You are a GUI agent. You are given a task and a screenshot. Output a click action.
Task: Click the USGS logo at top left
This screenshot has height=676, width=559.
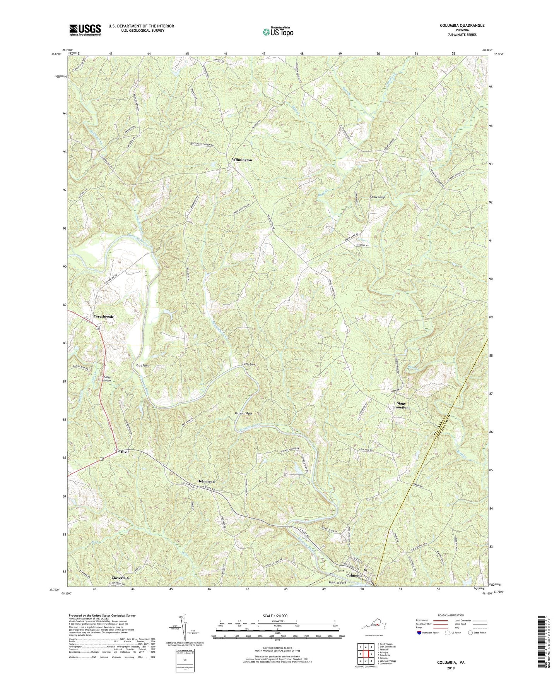coord(85,30)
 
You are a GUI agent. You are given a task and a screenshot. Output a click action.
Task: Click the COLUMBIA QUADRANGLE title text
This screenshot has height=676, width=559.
coord(462,26)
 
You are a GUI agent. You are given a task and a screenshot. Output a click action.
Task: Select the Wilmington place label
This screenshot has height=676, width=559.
coord(242,160)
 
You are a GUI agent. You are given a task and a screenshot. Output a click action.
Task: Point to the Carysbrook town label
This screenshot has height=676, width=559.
coord(103,317)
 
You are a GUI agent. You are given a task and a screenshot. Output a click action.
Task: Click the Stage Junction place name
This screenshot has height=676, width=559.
coord(401,405)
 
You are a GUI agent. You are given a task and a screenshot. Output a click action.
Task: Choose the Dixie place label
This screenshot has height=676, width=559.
coord(125,452)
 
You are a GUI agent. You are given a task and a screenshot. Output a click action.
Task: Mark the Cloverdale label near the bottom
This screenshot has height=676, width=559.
coord(118,578)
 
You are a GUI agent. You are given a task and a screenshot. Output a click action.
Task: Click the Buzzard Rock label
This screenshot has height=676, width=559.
coord(243,413)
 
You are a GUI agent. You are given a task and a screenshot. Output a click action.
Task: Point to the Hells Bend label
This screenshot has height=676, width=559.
coord(249,364)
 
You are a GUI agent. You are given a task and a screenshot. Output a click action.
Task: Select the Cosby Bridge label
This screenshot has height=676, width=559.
coord(378,197)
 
